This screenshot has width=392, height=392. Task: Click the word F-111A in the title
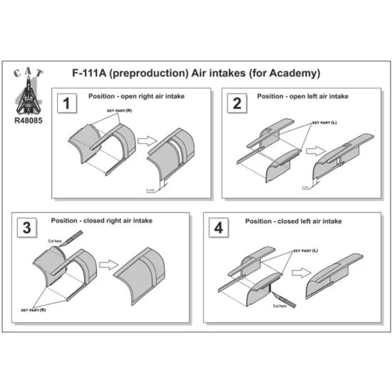(93, 73)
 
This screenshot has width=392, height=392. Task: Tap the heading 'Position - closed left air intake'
(292, 222)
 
